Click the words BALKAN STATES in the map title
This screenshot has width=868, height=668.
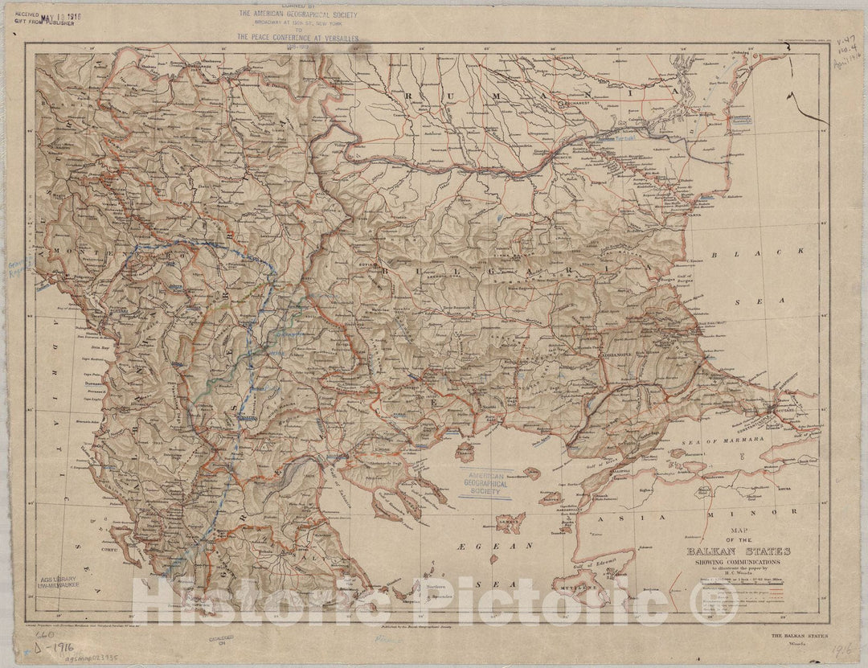[x=738, y=551]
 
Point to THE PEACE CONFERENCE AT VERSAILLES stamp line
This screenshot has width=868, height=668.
[x=297, y=37]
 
